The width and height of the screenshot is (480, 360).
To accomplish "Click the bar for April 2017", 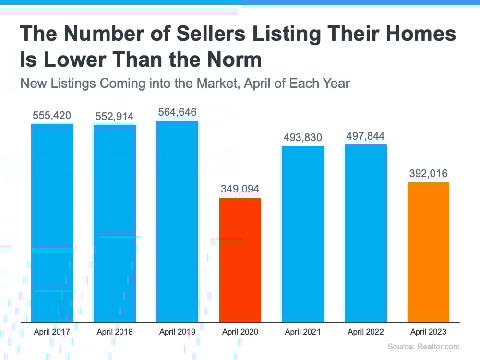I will pyautogui.click(x=52, y=223).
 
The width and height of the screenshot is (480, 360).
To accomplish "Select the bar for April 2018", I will pyautogui.click(x=115, y=223).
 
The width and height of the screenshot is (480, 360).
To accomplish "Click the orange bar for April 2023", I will pyautogui.click(x=428, y=252).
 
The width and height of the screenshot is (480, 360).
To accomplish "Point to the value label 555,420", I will pyautogui.click(x=52, y=116).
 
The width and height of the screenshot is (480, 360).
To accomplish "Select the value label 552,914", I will pyautogui.click(x=114, y=116).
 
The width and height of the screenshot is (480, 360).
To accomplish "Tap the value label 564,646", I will pyautogui.click(x=177, y=112).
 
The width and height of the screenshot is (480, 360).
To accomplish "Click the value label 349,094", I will pyautogui.click(x=240, y=189).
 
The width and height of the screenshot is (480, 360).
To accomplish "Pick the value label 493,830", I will pyautogui.click(x=303, y=137).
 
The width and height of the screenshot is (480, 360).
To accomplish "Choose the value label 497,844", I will pyautogui.click(x=365, y=136).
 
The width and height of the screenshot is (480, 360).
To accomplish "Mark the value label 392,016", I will pyautogui.click(x=428, y=174).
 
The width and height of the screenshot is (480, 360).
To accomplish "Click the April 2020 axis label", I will pyautogui.click(x=240, y=332).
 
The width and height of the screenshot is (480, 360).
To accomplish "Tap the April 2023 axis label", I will pyautogui.click(x=428, y=332).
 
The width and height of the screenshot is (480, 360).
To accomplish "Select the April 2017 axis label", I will pyautogui.click(x=52, y=332).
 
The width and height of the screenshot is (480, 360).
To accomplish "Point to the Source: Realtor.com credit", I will pyautogui.click(x=423, y=347).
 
